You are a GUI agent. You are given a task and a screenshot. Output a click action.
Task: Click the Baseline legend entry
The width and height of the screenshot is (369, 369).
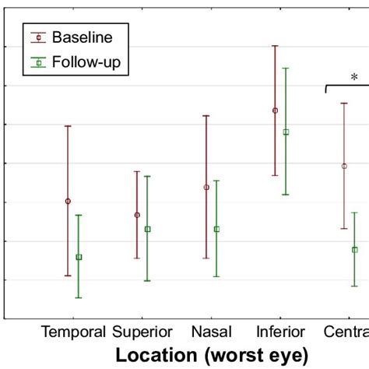pos(81,37)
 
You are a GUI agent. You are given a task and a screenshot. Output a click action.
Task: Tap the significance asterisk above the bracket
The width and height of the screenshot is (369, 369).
pos(354,77)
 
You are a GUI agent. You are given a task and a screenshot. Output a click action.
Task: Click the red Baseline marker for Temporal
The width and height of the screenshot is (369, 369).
pos(68,201)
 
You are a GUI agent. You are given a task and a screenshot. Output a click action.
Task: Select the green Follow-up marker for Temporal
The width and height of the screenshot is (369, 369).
pos(79,257)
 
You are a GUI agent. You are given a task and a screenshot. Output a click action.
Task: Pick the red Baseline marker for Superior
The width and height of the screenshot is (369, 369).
pos(137,215)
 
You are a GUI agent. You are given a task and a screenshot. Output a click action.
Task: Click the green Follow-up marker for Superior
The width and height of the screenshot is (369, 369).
pos(148,229)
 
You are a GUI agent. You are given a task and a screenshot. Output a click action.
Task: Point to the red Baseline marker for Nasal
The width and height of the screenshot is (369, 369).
pos(206,187)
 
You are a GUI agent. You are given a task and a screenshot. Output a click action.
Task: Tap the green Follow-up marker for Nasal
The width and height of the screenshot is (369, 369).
pos(216,229)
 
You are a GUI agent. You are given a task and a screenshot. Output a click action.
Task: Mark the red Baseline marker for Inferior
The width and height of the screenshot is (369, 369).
pos(275,111)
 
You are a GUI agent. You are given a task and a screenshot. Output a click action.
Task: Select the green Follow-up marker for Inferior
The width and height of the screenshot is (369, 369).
pos(286,132)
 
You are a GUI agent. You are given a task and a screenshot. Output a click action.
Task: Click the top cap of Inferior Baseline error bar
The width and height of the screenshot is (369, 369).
pos(275,46)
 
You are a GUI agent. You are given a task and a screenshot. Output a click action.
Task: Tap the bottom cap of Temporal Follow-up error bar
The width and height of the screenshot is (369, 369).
pos(79,297)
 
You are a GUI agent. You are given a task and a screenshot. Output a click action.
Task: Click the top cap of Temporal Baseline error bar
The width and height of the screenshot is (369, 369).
pos(68,126)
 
